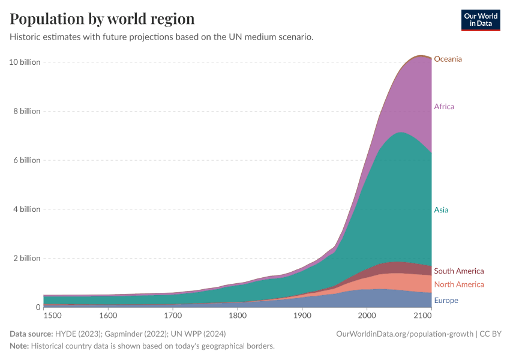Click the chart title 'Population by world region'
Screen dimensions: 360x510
(x=103, y=19)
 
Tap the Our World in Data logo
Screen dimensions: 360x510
(x=480, y=20)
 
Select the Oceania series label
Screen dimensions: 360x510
(x=448, y=59)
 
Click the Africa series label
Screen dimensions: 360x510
(x=444, y=107)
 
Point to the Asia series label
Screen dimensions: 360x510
(x=441, y=210)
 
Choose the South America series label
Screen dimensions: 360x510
(x=458, y=271)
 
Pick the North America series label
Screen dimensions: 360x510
(x=458, y=284)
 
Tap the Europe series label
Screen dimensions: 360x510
(x=446, y=301)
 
